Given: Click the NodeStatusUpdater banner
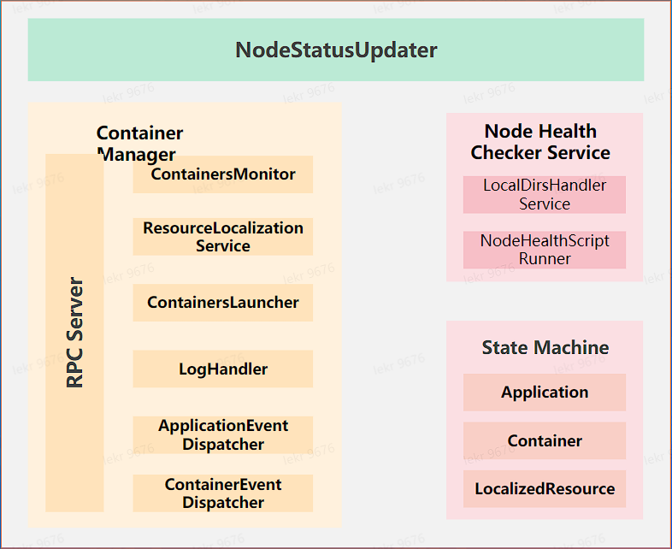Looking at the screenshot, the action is pos(336,50).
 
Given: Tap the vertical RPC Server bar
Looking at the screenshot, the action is pos(74,333).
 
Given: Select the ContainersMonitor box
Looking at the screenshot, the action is pos(223,174).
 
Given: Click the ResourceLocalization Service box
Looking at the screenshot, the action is pos(223,237).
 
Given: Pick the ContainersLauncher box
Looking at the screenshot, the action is pos(223,303).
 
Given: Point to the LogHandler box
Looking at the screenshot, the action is pos(223,369).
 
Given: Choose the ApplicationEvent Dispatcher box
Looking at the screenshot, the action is pos(223,435).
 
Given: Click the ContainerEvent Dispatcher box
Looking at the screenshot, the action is pos(223,493).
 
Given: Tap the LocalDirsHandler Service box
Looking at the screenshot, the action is pos(545,195).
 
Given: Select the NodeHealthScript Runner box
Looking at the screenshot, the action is pos(545,250).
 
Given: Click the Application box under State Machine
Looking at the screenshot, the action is pos(545,393).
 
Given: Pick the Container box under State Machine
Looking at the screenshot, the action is pos(545,441).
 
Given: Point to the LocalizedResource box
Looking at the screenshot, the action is pos(545,489).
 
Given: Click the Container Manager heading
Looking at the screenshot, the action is pos(139,144).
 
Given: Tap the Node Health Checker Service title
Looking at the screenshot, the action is pos(540,142).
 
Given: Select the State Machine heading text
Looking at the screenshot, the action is pos(545,347).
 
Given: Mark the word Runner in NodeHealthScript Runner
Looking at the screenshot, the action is pos(545,259).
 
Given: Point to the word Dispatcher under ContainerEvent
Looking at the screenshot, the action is pos(223,503).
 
